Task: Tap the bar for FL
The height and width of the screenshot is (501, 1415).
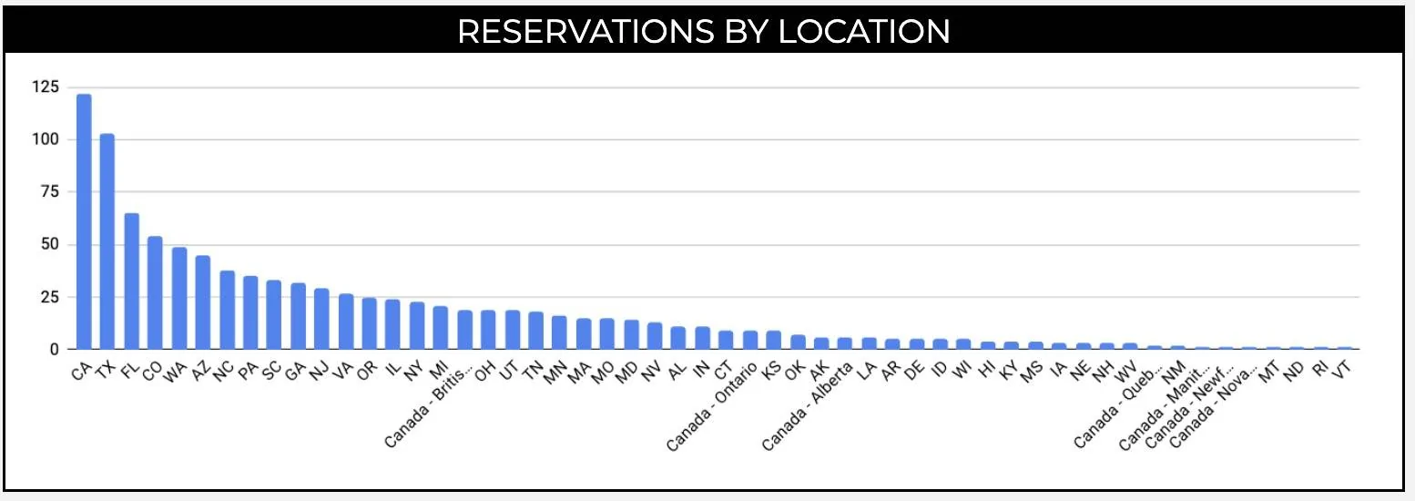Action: (131, 281)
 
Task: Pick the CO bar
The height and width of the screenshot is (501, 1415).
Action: (155, 292)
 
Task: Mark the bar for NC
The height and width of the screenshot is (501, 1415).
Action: (227, 310)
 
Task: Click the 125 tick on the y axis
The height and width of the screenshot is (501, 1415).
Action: (46, 87)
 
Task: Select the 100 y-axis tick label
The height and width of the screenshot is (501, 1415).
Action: (46, 139)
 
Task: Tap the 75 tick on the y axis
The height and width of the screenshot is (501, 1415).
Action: (49, 192)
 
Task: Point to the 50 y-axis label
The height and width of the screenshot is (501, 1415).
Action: (49, 244)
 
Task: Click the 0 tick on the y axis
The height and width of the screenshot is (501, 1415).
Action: (54, 349)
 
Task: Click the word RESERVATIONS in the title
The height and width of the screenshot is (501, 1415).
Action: (585, 32)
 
